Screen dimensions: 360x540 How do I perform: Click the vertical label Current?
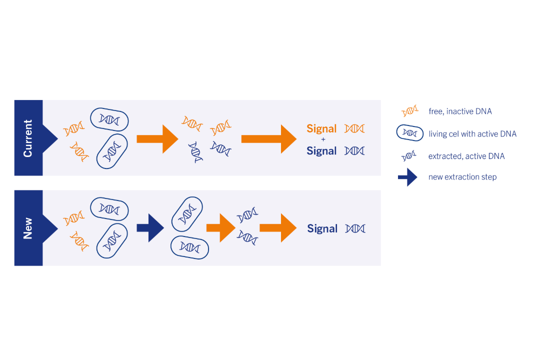click(28, 138)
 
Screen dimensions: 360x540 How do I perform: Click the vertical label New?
click(28, 228)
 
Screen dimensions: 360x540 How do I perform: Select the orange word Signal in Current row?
click(321, 129)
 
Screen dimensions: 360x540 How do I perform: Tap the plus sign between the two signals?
click(323, 139)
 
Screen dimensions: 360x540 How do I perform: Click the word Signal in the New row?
click(322, 228)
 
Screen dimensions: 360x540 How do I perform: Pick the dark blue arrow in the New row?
click(150, 228)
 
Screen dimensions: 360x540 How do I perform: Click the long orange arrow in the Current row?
click(268, 138)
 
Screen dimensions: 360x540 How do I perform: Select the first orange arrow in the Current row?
click(157, 138)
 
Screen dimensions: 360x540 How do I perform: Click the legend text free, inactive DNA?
click(460, 111)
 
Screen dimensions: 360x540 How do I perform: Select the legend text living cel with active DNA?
click(472, 134)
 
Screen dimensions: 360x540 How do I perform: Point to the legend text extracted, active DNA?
click(466, 156)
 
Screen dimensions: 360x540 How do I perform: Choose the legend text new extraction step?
click(462, 177)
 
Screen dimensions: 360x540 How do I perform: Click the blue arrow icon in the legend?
click(407, 177)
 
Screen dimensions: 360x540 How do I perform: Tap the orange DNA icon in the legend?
click(410, 111)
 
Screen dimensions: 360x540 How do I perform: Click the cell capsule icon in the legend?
click(410, 133)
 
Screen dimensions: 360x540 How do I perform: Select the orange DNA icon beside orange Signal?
click(354, 128)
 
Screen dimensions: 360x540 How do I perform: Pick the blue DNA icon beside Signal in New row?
click(355, 228)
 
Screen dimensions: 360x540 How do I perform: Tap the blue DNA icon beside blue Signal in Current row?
click(354, 150)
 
